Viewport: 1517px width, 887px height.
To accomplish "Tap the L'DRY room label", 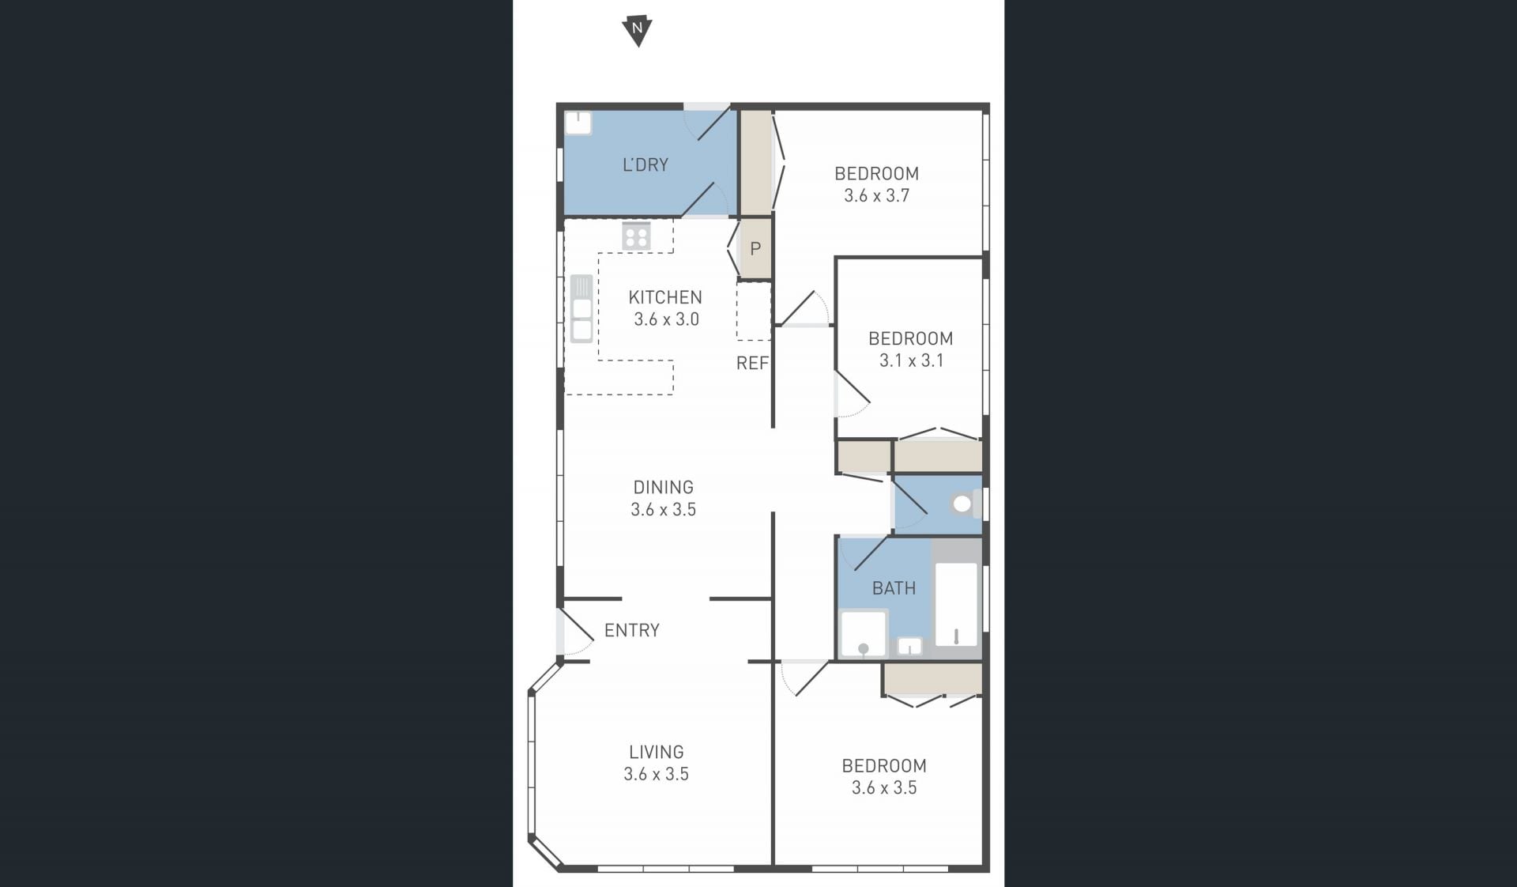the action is tap(646, 164).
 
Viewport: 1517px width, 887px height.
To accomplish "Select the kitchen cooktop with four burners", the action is tap(636, 236).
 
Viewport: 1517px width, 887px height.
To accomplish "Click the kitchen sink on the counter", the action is tap(582, 308).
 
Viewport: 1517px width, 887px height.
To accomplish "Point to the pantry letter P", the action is tap(755, 249).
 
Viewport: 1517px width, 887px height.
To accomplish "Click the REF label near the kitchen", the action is tap(752, 363).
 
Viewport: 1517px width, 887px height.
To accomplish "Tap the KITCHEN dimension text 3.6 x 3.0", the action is tap(666, 319).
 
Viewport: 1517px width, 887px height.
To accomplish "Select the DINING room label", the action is tap(664, 487).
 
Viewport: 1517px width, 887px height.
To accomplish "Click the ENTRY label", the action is tap(632, 630).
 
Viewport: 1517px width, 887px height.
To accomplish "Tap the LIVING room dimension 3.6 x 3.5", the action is tap(657, 774).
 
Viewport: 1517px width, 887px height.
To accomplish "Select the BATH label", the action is tap(894, 588).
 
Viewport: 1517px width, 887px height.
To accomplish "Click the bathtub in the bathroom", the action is tap(956, 605).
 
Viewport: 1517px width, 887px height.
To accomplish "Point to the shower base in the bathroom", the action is tap(863, 633).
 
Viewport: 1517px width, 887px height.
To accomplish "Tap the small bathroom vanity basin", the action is tap(910, 647).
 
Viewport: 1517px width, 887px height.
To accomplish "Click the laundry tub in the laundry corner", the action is tap(578, 123).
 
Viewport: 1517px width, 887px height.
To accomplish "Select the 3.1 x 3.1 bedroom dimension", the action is tap(911, 360).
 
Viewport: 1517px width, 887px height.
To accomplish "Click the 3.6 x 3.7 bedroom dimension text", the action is tap(877, 195).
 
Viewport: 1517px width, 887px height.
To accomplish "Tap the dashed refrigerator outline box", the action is tap(754, 311).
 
